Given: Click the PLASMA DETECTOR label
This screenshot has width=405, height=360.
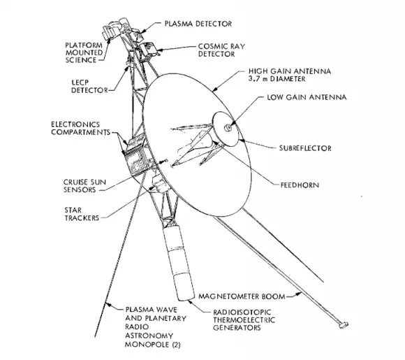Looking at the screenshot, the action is pyautogui.click(x=198, y=24).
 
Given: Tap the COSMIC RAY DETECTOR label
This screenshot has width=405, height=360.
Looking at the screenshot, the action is pyautogui.click(x=221, y=50).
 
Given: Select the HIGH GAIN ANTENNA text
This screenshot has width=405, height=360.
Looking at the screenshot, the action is pyautogui.click(x=290, y=71).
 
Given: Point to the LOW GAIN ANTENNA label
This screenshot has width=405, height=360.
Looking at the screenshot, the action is pyautogui.click(x=307, y=97).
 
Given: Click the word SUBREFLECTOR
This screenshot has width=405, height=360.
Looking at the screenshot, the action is pyautogui.click(x=305, y=148).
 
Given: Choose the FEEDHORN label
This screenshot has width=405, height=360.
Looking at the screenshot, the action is pyautogui.click(x=300, y=185).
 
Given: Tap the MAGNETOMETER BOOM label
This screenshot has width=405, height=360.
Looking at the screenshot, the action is pyautogui.click(x=242, y=296).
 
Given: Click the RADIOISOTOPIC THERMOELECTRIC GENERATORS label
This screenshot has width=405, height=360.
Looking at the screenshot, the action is pyautogui.click(x=244, y=320).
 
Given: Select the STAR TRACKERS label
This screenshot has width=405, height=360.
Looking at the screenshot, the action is pyautogui.click(x=82, y=214).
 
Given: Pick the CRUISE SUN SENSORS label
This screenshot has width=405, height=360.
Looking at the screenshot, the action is pyautogui.click(x=84, y=186).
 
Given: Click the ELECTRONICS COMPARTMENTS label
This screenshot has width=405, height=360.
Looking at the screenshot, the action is pyautogui.click(x=80, y=129).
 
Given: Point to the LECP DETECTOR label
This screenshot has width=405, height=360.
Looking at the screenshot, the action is pyautogui.click(x=89, y=87).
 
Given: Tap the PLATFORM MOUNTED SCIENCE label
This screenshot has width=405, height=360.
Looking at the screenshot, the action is pyautogui.click(x=84, y=52).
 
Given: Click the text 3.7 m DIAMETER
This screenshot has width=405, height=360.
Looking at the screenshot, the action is pyautogui.click(x=277, y=78).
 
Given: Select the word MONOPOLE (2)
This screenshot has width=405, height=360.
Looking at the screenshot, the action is pyautogui.click(x=153, y=345).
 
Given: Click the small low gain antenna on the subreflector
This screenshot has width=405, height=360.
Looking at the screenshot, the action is pyautogui.click(x=228, y=127).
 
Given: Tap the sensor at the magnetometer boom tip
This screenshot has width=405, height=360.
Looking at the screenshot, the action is pyautogui.click(x=344, y=325).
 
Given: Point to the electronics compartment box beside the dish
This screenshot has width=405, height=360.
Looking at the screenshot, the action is pyautogui.click(x=138, y=157).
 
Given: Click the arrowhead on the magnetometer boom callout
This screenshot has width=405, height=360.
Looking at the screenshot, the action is pyautogui.click(x=299, y=294).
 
